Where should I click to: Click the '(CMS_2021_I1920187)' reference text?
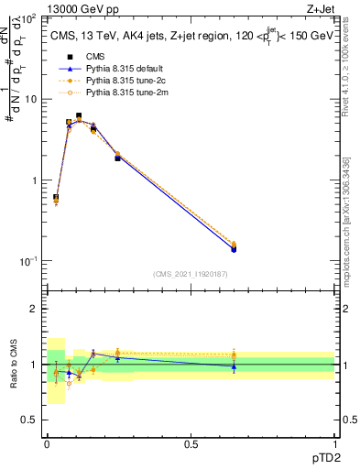tap(191, 274)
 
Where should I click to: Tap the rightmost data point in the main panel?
tap(234, 247)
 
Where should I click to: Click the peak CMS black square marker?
tap(79, 116)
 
